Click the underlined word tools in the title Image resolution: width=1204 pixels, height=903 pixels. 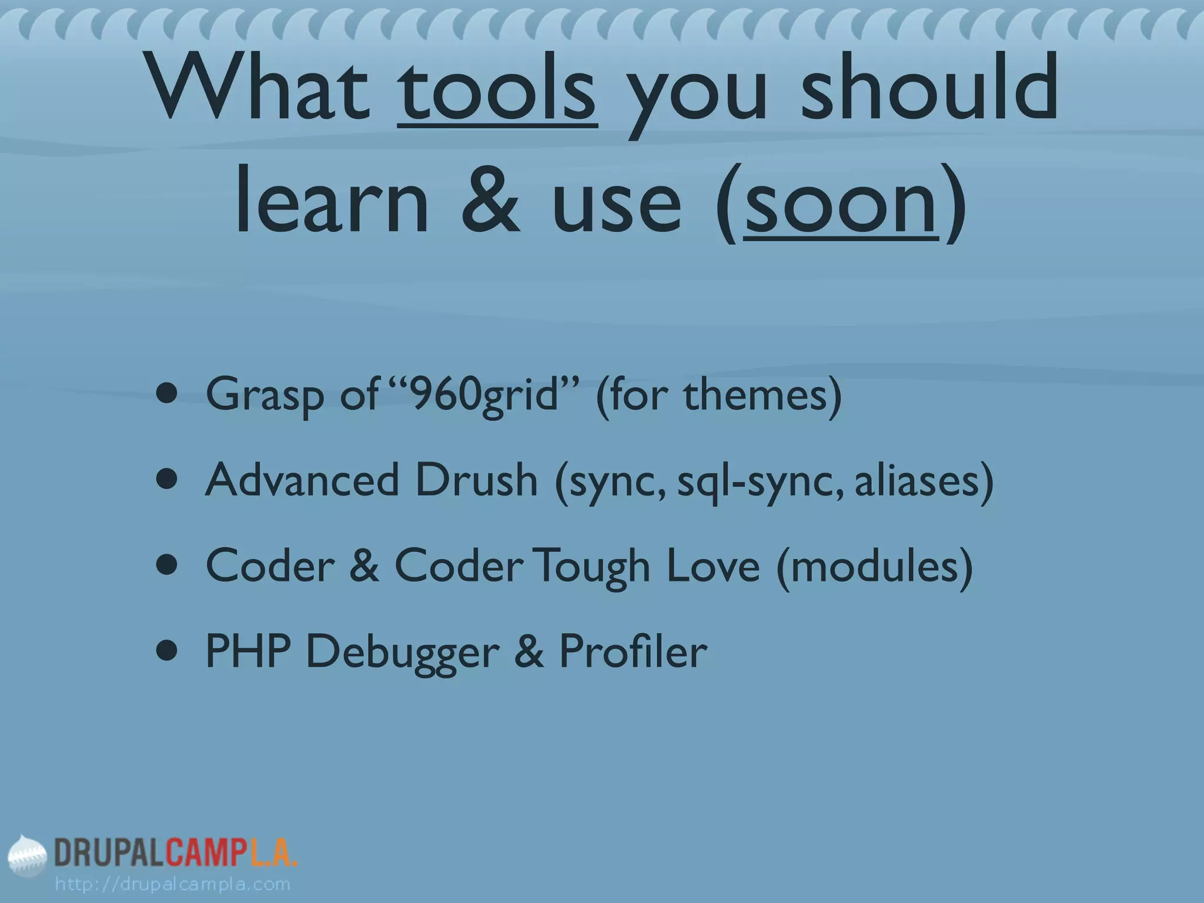pyautogui.click(x=498, y=91)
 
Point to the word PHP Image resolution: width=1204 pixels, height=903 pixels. pyautogui.click(x=248, y=652)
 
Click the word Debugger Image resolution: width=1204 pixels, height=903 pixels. pyautogui.click(x=403, y=653)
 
